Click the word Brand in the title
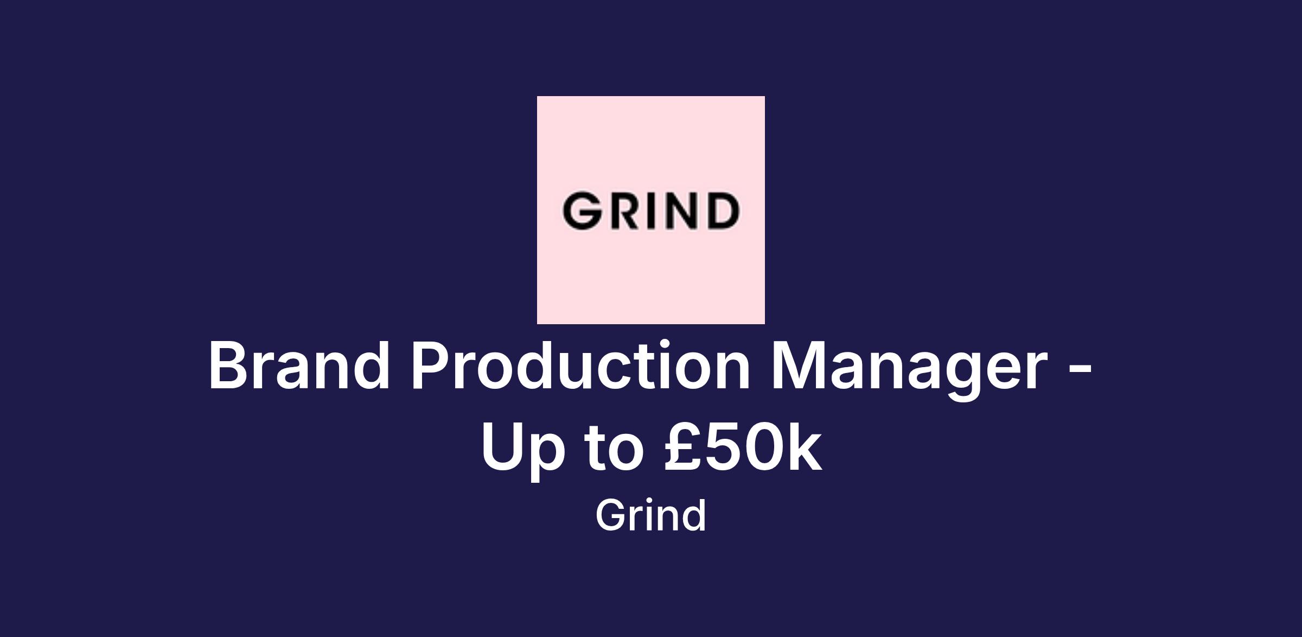pyautogui.click(x=299, y=364)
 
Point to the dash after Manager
pyautogui.click(x=1080, y=371)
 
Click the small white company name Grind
pyautogui.click(x=651, y=515)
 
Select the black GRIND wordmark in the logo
pyautogui.click(x=650, y=210)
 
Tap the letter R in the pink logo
pyautogui.click(x=624, y=210)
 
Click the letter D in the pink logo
pyautogui.click(x=722, y=210)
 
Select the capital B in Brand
pyautogui.click(x=228, y=365)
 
